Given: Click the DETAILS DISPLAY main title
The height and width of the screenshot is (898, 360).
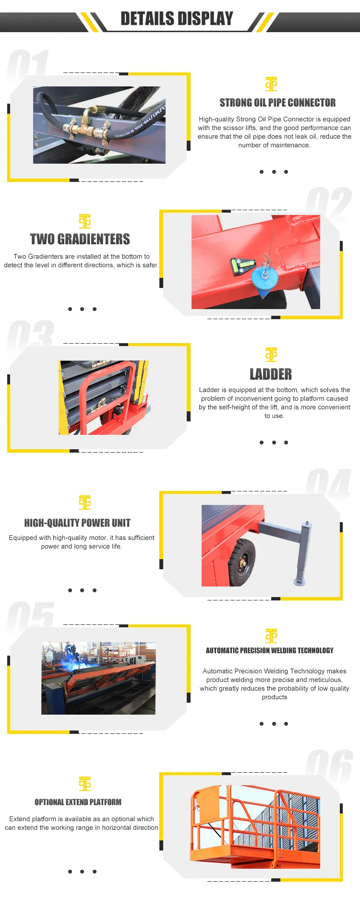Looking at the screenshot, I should pos(177,19).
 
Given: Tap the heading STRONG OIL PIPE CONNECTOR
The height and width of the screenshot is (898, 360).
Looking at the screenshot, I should pos(277,103).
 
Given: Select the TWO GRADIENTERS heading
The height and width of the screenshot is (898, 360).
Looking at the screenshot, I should pos(80,239).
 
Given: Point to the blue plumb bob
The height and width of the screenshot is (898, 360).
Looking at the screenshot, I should pos(262,278).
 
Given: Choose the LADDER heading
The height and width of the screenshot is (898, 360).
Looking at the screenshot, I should pos(271,374).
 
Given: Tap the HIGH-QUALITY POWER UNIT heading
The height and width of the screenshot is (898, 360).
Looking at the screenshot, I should pos(77,523).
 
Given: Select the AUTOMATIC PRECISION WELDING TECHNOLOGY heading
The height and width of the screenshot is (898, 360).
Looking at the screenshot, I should pos(270,650).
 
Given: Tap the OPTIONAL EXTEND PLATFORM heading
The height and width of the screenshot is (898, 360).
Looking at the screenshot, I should pos(78,802).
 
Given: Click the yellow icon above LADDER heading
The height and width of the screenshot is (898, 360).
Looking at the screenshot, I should pos(271,355).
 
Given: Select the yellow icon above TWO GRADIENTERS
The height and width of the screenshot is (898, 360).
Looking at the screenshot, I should pos(85,221).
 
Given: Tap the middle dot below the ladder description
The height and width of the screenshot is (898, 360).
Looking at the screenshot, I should pos(274,443).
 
